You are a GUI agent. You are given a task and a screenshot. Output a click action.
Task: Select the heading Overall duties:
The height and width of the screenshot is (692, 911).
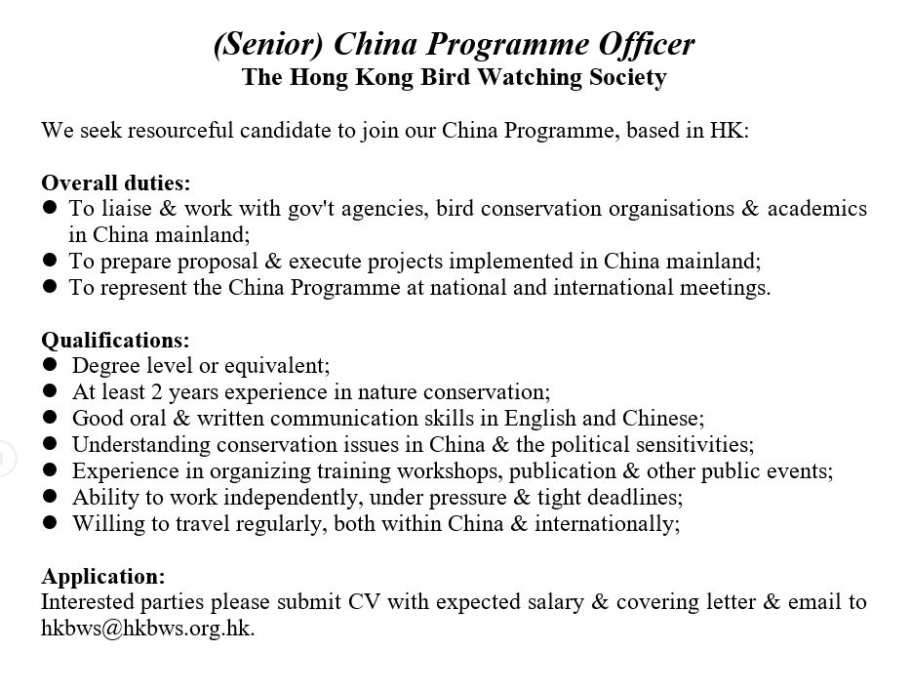[x=116, y=183]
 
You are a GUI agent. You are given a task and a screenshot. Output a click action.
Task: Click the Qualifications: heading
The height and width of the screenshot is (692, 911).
[x=115, y=340]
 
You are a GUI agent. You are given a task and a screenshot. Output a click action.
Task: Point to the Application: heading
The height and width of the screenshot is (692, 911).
[x=103, y=576]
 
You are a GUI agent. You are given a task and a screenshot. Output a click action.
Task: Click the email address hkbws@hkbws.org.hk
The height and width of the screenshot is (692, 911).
[x=146, y=629]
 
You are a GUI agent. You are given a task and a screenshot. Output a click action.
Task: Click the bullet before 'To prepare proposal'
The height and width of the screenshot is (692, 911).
[x=50, y=262]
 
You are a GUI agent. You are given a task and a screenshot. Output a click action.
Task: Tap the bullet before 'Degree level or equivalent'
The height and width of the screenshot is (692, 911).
[x=50, y=366]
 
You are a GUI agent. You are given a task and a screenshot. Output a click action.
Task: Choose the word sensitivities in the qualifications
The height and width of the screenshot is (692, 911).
[x=695, y=445]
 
